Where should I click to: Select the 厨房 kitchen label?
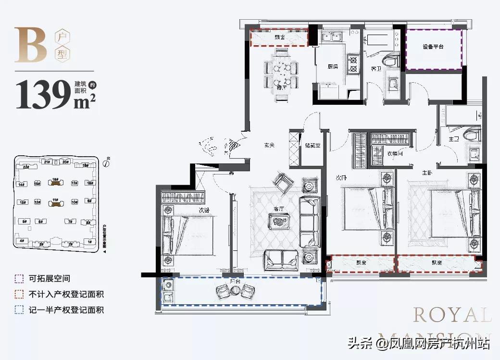(x=333, y=66)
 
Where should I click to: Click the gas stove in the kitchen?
(x=354, y=65)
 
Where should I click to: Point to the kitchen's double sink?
(x=331, y=37)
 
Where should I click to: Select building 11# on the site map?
(x=55, y=202)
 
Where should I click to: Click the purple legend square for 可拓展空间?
(x=19, y=278)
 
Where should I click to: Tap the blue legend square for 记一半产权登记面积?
(x=19, y=310)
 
